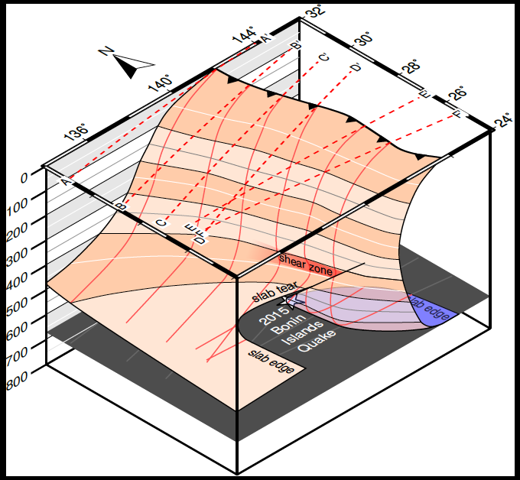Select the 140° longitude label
[162, 83]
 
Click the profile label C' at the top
[323, 57]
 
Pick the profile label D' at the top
[356, 68]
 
